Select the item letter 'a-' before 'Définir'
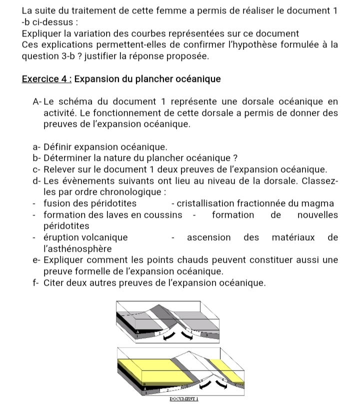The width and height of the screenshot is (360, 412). coord(36,147)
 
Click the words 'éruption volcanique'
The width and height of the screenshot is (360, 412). coord(85,237)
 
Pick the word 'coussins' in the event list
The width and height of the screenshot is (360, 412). coord(163,215)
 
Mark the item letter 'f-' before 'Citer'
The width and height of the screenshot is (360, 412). coord(35,283)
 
